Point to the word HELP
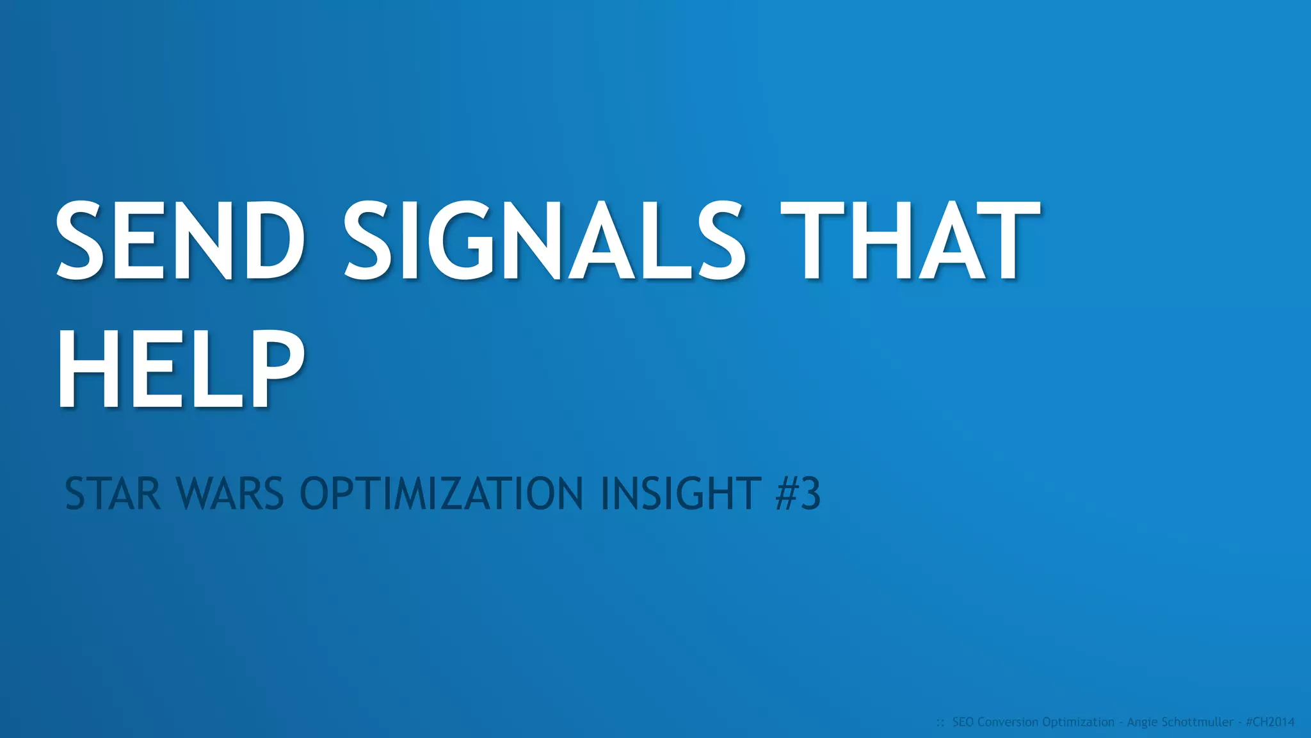[x=180, y=370]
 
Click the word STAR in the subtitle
[x=112, y=494]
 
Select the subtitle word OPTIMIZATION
[x=442, y=494]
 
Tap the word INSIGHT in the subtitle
[x=681, y=494]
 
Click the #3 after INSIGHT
[x=798, y=494]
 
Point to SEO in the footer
[x=963, y=722]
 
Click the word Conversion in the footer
[x=1008, y=722]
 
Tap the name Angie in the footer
[x=1142, y=723]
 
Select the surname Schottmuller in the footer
[x=1196, y=722]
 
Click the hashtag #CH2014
[x=1270, y=722]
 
